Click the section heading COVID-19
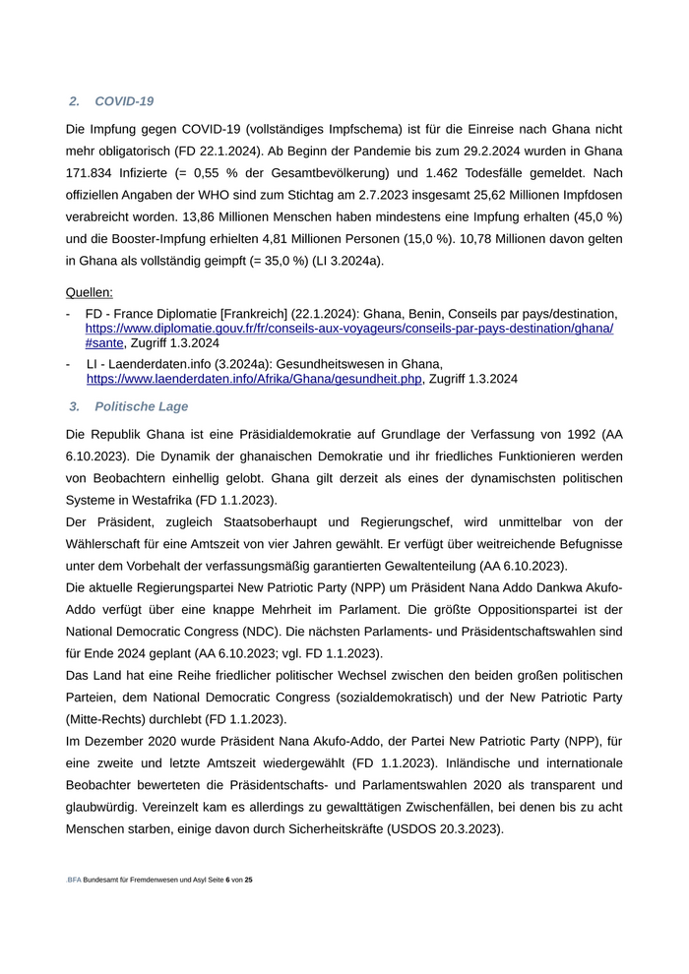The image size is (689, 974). (124, 101)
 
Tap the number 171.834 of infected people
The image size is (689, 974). (92, 172)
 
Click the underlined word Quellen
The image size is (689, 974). (89, 292)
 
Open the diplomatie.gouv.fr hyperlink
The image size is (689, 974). (348, 328)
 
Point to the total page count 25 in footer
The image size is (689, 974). (249, 880)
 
